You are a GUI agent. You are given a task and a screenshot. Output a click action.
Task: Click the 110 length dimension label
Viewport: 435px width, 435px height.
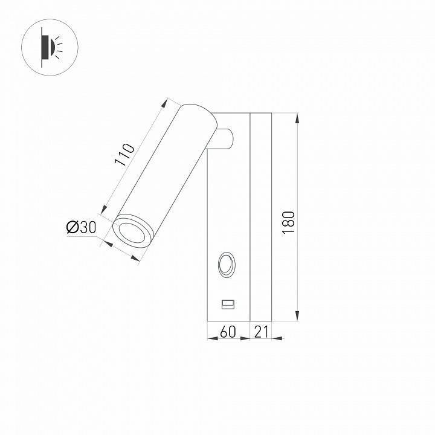(x=123, y=155)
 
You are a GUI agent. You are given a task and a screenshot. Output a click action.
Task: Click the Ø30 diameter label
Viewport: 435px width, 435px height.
(x=81, y=228)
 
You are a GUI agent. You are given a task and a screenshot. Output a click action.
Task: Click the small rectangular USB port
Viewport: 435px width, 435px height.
(x=228, y=304)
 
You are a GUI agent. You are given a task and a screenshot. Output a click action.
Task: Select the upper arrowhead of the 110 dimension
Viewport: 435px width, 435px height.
(x=166, y=103)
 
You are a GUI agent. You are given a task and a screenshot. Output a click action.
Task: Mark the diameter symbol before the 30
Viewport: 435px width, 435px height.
(x=71, y=228)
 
